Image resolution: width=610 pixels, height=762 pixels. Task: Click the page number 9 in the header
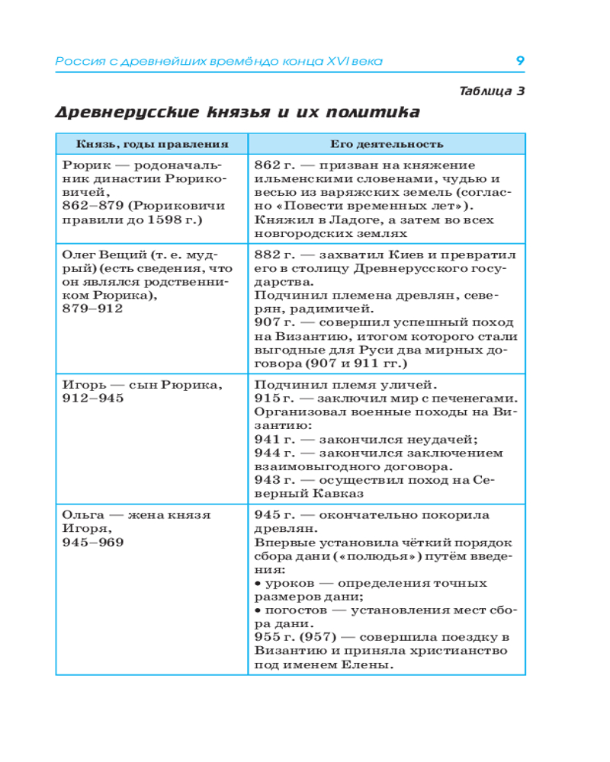coord(519,61)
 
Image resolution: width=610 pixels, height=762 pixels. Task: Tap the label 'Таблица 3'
coord(492,91)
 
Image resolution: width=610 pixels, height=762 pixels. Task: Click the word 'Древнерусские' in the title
coord(127,113)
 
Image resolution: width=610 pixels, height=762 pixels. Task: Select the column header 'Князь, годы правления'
coord(152,144)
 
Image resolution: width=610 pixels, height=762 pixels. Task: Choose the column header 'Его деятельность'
coord(387,144)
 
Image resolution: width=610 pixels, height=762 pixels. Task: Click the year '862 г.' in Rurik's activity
coord(272,165)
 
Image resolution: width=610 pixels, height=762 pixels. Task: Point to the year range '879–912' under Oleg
coord(92,308)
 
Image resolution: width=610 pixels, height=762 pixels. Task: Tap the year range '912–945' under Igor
coord(92,398)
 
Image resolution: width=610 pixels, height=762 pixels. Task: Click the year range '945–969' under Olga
coord(92,542)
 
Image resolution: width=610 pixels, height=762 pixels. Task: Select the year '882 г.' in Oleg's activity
coord(272,254)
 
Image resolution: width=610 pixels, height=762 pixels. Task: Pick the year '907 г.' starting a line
coord(272,322)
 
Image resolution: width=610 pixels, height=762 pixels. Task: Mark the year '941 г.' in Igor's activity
coord(272,440)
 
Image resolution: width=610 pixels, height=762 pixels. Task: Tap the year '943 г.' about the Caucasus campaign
coord(272,481)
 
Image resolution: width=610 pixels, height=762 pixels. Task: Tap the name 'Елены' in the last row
coord(369,665)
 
